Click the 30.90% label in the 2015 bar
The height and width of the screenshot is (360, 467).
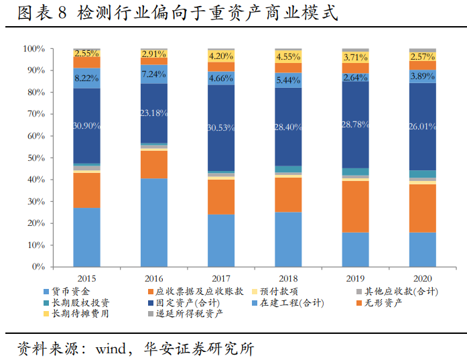(x=86, y=125)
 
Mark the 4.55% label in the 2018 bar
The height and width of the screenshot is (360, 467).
(x=288, y=56)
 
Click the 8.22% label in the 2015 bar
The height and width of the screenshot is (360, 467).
(x=86, y=78)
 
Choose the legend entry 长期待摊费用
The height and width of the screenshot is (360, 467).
(x=80, y=313)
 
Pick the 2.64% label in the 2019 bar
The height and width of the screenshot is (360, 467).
(x=355, y=78)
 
